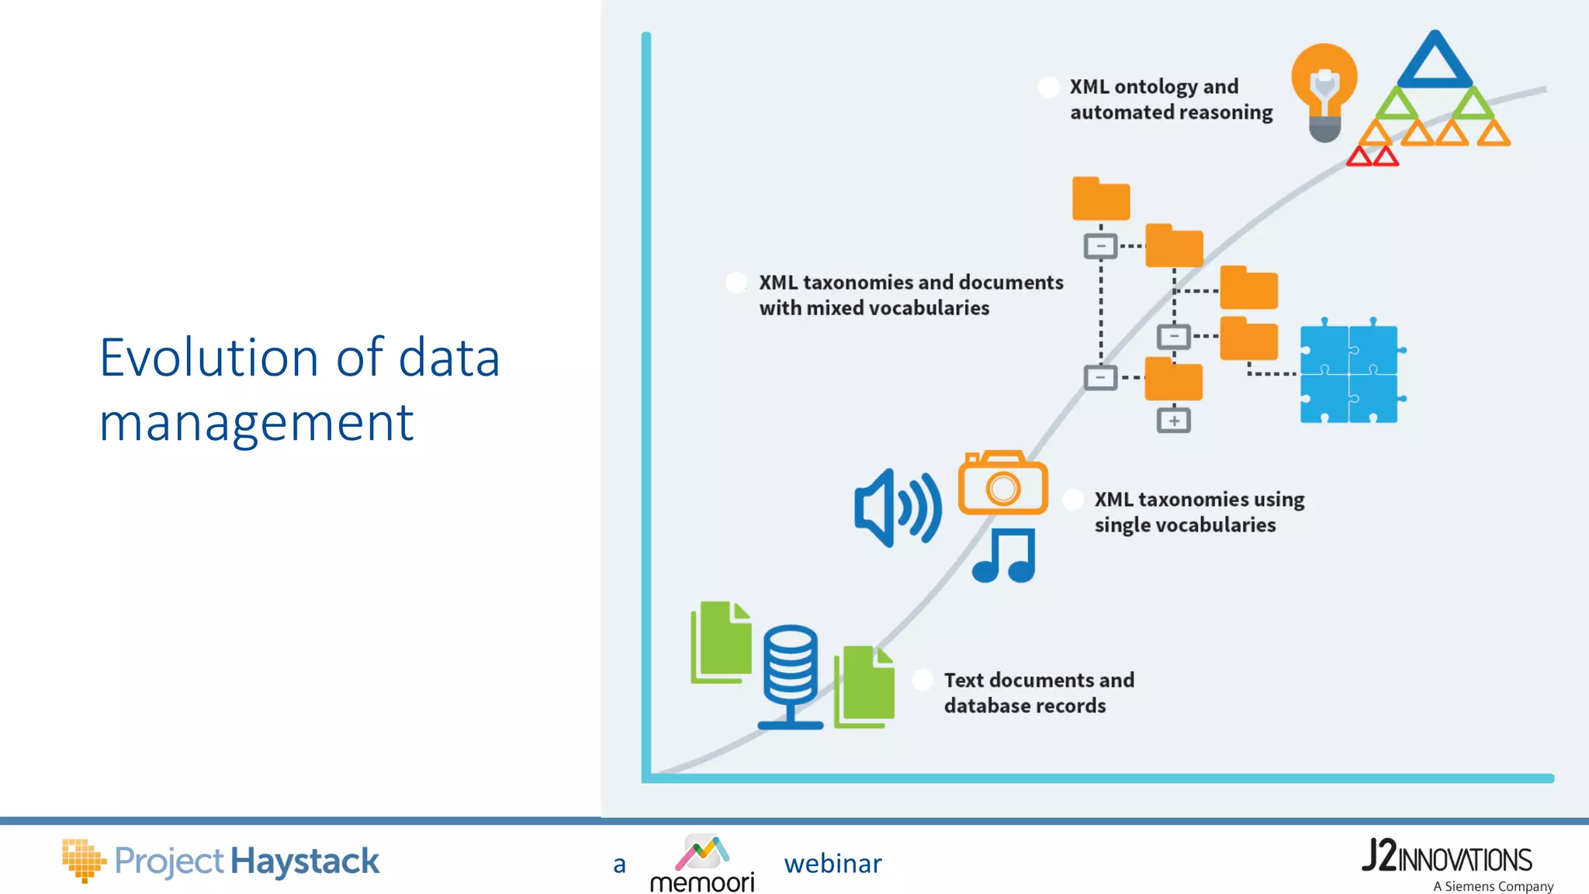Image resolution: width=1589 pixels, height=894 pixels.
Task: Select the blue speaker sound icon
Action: [897, 508]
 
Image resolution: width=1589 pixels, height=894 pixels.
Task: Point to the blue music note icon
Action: [1004, 556]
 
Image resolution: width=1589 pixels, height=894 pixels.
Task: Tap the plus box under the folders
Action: [1173, 421]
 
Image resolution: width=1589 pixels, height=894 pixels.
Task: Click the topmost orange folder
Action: [1100, 199]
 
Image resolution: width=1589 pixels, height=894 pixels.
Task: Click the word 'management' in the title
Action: [256, 423]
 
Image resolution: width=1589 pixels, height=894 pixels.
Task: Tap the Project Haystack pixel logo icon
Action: [83, 860]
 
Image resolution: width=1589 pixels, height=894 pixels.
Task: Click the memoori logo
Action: [702, 863]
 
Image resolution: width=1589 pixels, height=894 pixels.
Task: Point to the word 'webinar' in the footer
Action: [833, 864]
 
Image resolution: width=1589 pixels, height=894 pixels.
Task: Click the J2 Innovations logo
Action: [1446, 857]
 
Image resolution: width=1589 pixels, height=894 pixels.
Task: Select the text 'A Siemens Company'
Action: [1493, 886]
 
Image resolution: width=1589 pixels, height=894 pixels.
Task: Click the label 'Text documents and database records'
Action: [1038, 692]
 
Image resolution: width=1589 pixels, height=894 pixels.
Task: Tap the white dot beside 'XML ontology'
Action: [1048, 87]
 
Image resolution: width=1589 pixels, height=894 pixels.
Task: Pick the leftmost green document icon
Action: [721, 642]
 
